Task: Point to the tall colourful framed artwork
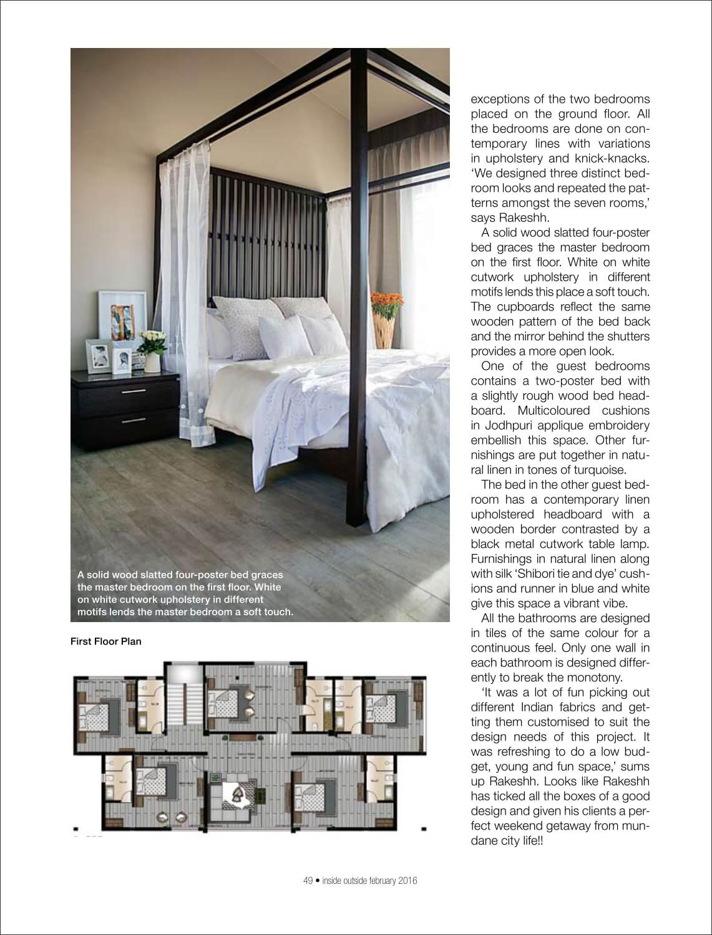tap(122, 318)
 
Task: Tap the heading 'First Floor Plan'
tap(106, 641)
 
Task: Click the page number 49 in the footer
tap(307, 881)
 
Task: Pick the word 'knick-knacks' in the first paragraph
tap(615, 158)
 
